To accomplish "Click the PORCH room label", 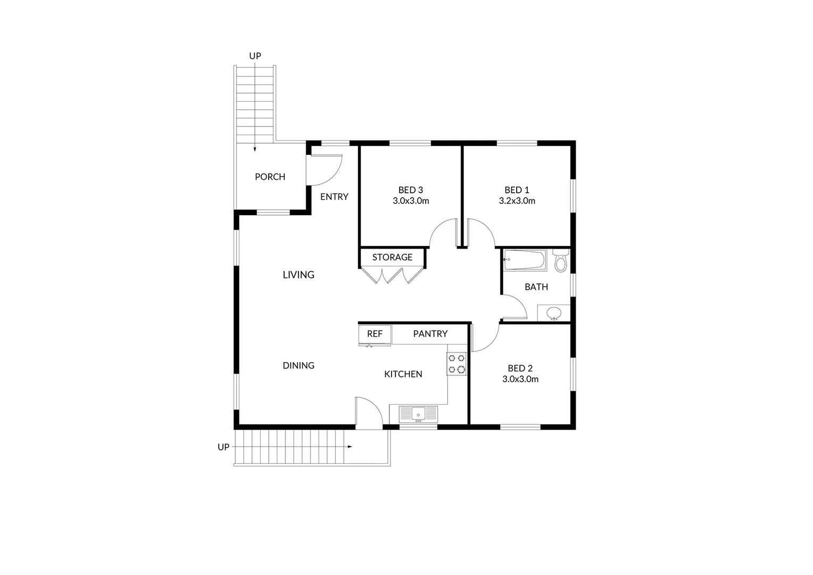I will [x=270, y=177].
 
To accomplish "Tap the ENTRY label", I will [x=334, y=197].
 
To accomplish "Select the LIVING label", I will [x=298, y=275].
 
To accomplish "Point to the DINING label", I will [x=298, y=365].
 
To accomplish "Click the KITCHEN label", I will [x=403, y=374].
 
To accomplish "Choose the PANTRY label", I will [x=430, y=334].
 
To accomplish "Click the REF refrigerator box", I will [x=375, y=334].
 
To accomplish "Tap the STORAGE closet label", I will [x=392, y=257].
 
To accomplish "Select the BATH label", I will [x=536, y=287].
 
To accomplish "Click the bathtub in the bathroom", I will [x=525, y=260].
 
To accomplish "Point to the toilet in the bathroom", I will [x=560, y=261].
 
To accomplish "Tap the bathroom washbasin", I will [x=554, y=313].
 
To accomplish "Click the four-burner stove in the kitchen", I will [x=457, y=364].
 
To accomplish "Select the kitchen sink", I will [x=418, y=413].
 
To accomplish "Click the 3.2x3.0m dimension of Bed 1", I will [x=517, y=201].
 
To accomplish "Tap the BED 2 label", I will [x=520, y=368].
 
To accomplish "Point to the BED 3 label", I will [x=410, y=190].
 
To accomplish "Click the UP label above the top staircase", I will [x=255, y=56].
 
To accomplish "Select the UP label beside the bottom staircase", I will [x=223, y=447].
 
